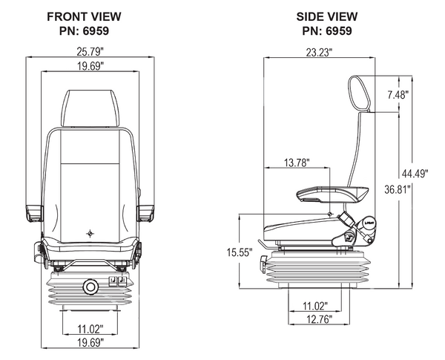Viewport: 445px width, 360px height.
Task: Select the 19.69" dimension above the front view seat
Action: click(x=90, y=67)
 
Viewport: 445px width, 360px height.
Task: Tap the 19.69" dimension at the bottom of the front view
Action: click(x=90, y=342)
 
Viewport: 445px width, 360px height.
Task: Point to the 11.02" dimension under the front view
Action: click(x=90, y=328)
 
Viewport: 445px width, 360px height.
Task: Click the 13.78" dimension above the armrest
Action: click(x=296, y=162)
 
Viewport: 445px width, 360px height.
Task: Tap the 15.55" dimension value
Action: click(x=237, y=252)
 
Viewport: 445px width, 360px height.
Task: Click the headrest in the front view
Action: click(x=90, y=108)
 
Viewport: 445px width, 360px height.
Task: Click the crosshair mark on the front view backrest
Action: click(x=90, y=232)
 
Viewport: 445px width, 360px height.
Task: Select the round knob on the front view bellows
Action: click(x=90, y=286)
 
